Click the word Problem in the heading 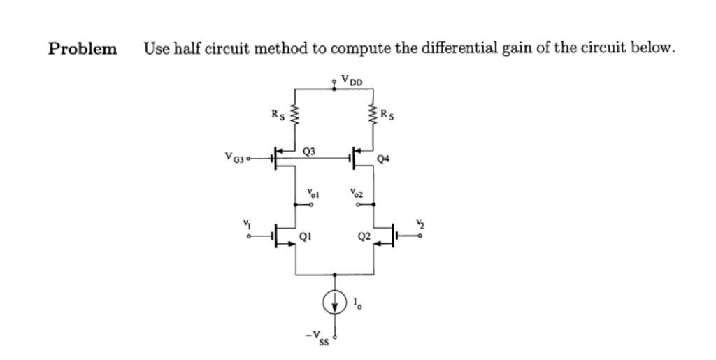pos(83,49)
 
